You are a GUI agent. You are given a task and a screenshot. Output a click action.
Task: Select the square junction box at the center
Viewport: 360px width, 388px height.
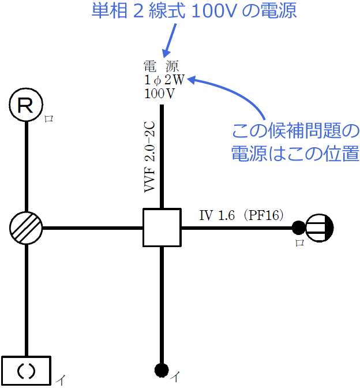(162, 227)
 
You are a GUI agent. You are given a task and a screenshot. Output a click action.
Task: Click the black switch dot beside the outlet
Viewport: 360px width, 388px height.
(298, 227)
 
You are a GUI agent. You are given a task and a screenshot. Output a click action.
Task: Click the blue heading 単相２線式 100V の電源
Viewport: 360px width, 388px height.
(194, 11)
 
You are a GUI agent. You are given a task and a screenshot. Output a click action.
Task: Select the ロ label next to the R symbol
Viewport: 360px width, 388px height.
(49, 118)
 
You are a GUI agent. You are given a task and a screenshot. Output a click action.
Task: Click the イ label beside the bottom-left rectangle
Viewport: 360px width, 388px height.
(61, 379)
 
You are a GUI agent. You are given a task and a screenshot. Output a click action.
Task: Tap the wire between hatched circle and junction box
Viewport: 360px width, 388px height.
(92, 227)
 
